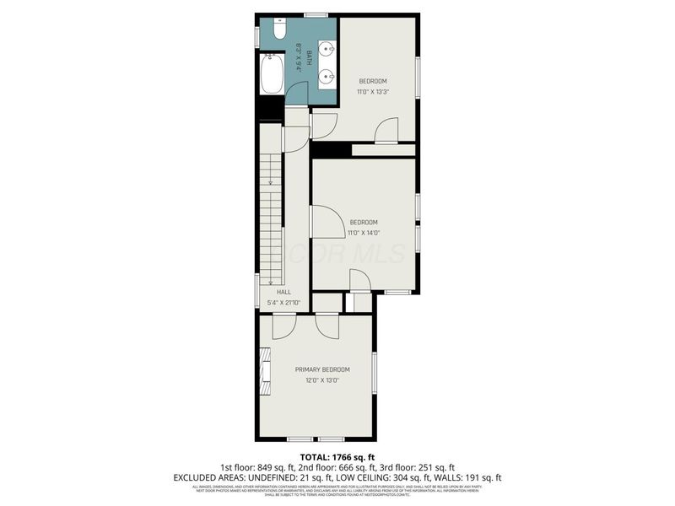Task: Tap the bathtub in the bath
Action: coord(273,74)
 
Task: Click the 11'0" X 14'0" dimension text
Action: coord(364,233)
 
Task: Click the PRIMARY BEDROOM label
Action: coord(321,369)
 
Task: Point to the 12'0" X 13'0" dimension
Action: coord(321,380)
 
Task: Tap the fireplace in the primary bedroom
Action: coord(265,371)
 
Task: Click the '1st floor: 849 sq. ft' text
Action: coord(260,467)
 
